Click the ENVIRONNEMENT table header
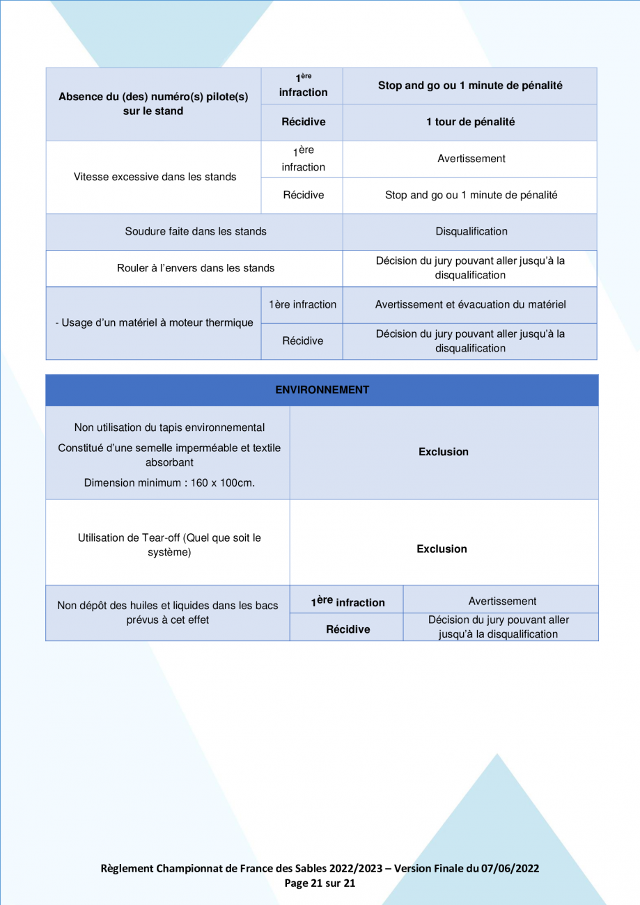click(322, 390)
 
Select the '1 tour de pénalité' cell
click(470, 122)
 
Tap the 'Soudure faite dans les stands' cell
click(195, 231)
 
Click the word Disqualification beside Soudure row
click(471, 231)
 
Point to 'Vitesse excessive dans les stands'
click(155, 177)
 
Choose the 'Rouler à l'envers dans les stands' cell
click(195, 267)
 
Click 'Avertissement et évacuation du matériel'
click(470, 304)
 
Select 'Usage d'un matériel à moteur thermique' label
click(154, 322)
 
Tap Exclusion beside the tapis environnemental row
click(443, 452)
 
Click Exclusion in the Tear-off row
click(442, 549)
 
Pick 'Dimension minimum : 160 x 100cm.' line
click(169, 482)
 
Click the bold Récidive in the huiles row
click(348, 629)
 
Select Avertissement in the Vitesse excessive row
click(471, 159)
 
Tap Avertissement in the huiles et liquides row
click(502, 601)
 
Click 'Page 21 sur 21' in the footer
click(320, 883)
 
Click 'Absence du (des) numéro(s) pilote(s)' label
click(154, 97)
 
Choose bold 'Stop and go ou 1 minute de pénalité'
click(470, 86)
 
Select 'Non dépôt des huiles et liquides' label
click(168, 606)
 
